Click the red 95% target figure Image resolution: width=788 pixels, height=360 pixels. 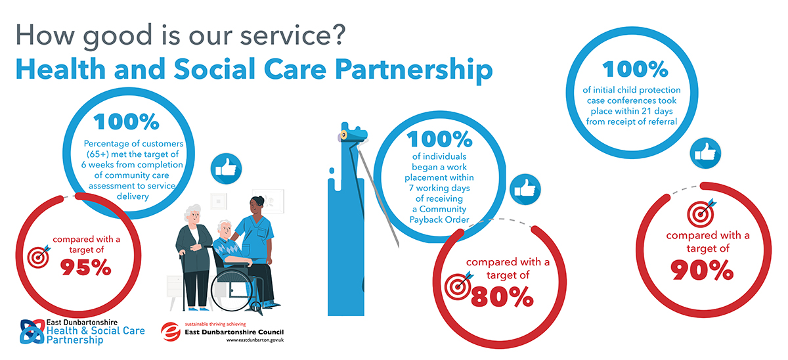pos(86,267)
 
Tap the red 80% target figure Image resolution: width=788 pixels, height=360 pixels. pos(502,297)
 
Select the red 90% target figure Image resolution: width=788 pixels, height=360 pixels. pos(702,270)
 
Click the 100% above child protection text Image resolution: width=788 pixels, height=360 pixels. pos(636,69)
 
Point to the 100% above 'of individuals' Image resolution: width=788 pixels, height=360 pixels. pos(440,139)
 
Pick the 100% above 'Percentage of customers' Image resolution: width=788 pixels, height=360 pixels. pos(126,122)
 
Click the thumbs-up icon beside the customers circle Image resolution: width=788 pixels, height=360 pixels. pos(226,169)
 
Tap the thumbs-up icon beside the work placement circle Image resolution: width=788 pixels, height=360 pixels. pos(525,189)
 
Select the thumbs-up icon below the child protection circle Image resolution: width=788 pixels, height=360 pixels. pos(705,154)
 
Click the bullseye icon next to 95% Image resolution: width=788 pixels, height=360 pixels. pos(39,257)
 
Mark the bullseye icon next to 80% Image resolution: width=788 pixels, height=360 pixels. pos(458,286)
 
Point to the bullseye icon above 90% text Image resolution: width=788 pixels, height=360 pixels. pos(701,214)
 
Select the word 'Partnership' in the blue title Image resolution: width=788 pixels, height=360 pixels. pos(414,70)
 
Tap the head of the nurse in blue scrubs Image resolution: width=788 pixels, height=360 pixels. pos(257,206)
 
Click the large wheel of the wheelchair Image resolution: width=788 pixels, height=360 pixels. pos(232,290)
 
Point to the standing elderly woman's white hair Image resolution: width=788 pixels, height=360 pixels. pos(192,212)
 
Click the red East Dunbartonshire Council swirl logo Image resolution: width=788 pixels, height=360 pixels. pos(171,332)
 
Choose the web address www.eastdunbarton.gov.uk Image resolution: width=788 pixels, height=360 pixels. pos(255,340)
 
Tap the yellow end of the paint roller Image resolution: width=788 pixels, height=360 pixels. pos(343,135)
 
